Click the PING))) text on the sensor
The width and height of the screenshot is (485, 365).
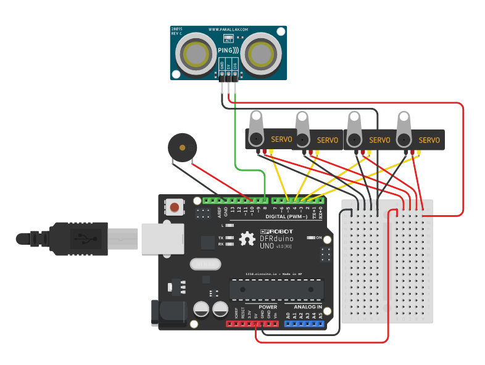click(x=229, y=49)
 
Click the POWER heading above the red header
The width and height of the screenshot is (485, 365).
click(x=268, y=306)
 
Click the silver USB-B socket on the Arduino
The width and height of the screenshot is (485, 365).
click(x=162, y=239)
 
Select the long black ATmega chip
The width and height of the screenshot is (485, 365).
click(x=276, y=289)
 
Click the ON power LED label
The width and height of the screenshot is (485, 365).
click(x=319, y=237)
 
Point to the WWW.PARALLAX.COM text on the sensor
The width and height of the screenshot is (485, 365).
click(x=228, y=29)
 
